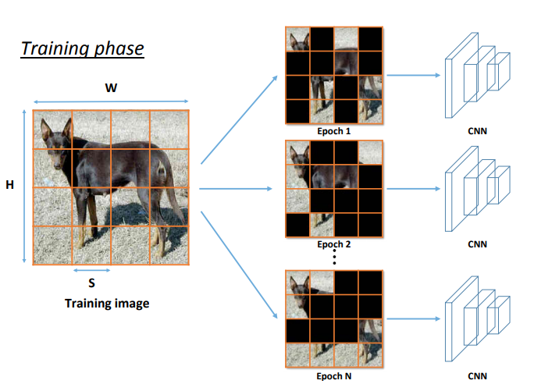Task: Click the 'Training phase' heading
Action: [x=82, y=48]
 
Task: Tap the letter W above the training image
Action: [x=111, y=87]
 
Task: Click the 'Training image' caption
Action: [x=107, y=303]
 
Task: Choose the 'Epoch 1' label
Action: [x=334, y=131]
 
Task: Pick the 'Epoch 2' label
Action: [x=334, y=244]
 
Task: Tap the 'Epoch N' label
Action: [x=334, y=376]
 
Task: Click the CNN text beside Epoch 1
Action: [x=478, y=132]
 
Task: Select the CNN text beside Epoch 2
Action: [x=478, y=244]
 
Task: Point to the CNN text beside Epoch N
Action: [x=478, y=376]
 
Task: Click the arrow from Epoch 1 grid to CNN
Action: [x=413, y=76]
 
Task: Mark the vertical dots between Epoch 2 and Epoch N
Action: [x=334, y=258]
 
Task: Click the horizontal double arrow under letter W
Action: [x=111, y=101]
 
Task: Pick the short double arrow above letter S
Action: [x=92, y=271]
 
